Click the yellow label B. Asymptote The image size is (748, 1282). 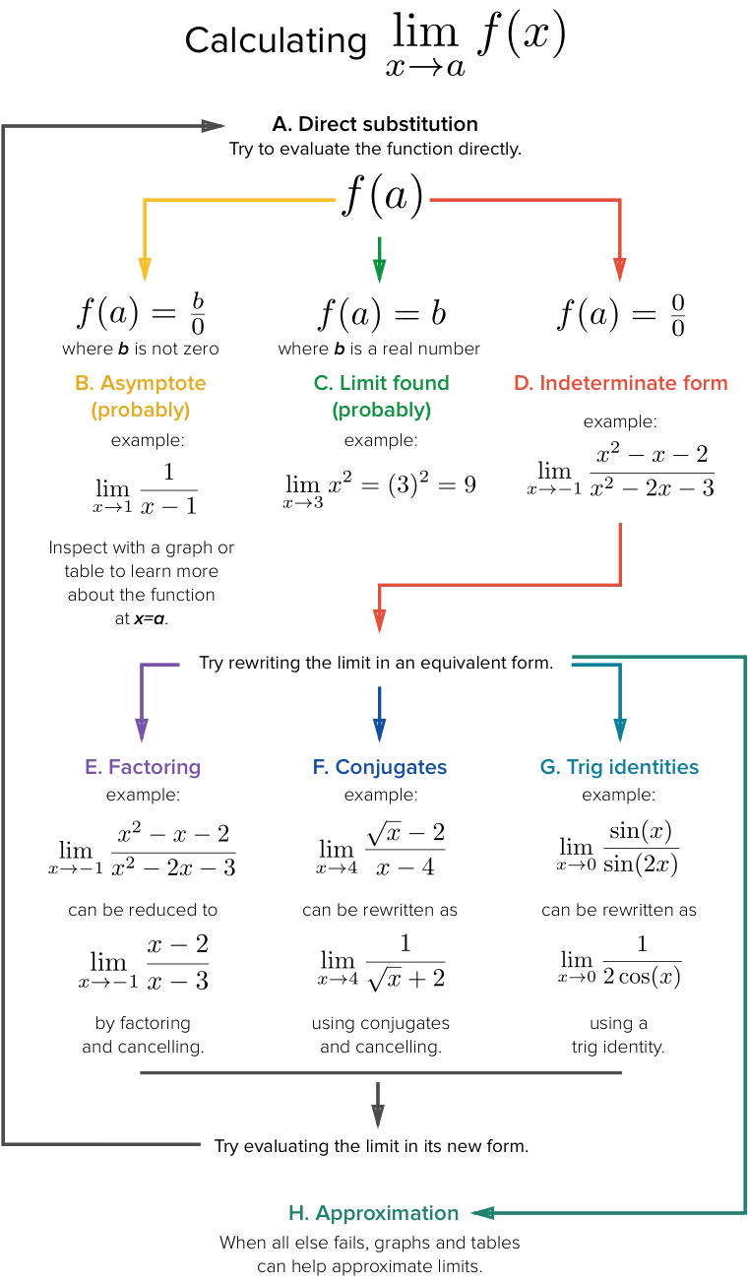pyautogui.click(x=141, y=383)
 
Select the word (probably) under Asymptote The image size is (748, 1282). pyautogui.click(x=141, y=411)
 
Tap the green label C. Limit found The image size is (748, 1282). pyautogui.click(x=381, y=383)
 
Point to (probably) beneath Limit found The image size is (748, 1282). pyautogui.click(x=381, y=411)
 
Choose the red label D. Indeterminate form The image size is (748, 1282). pyautogui.click(x=621, y=383)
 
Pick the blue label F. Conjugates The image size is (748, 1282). pyautogui.click(x=379, y=768)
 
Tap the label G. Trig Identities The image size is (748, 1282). pyautogui.click(x=619, y=768)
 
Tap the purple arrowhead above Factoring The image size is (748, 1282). pyautogui.click(x=142, y=731)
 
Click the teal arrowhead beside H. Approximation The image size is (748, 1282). pyautogui.click(x=487, y=1214)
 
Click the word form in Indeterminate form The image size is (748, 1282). pyautogui.click(x=708, y=383)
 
